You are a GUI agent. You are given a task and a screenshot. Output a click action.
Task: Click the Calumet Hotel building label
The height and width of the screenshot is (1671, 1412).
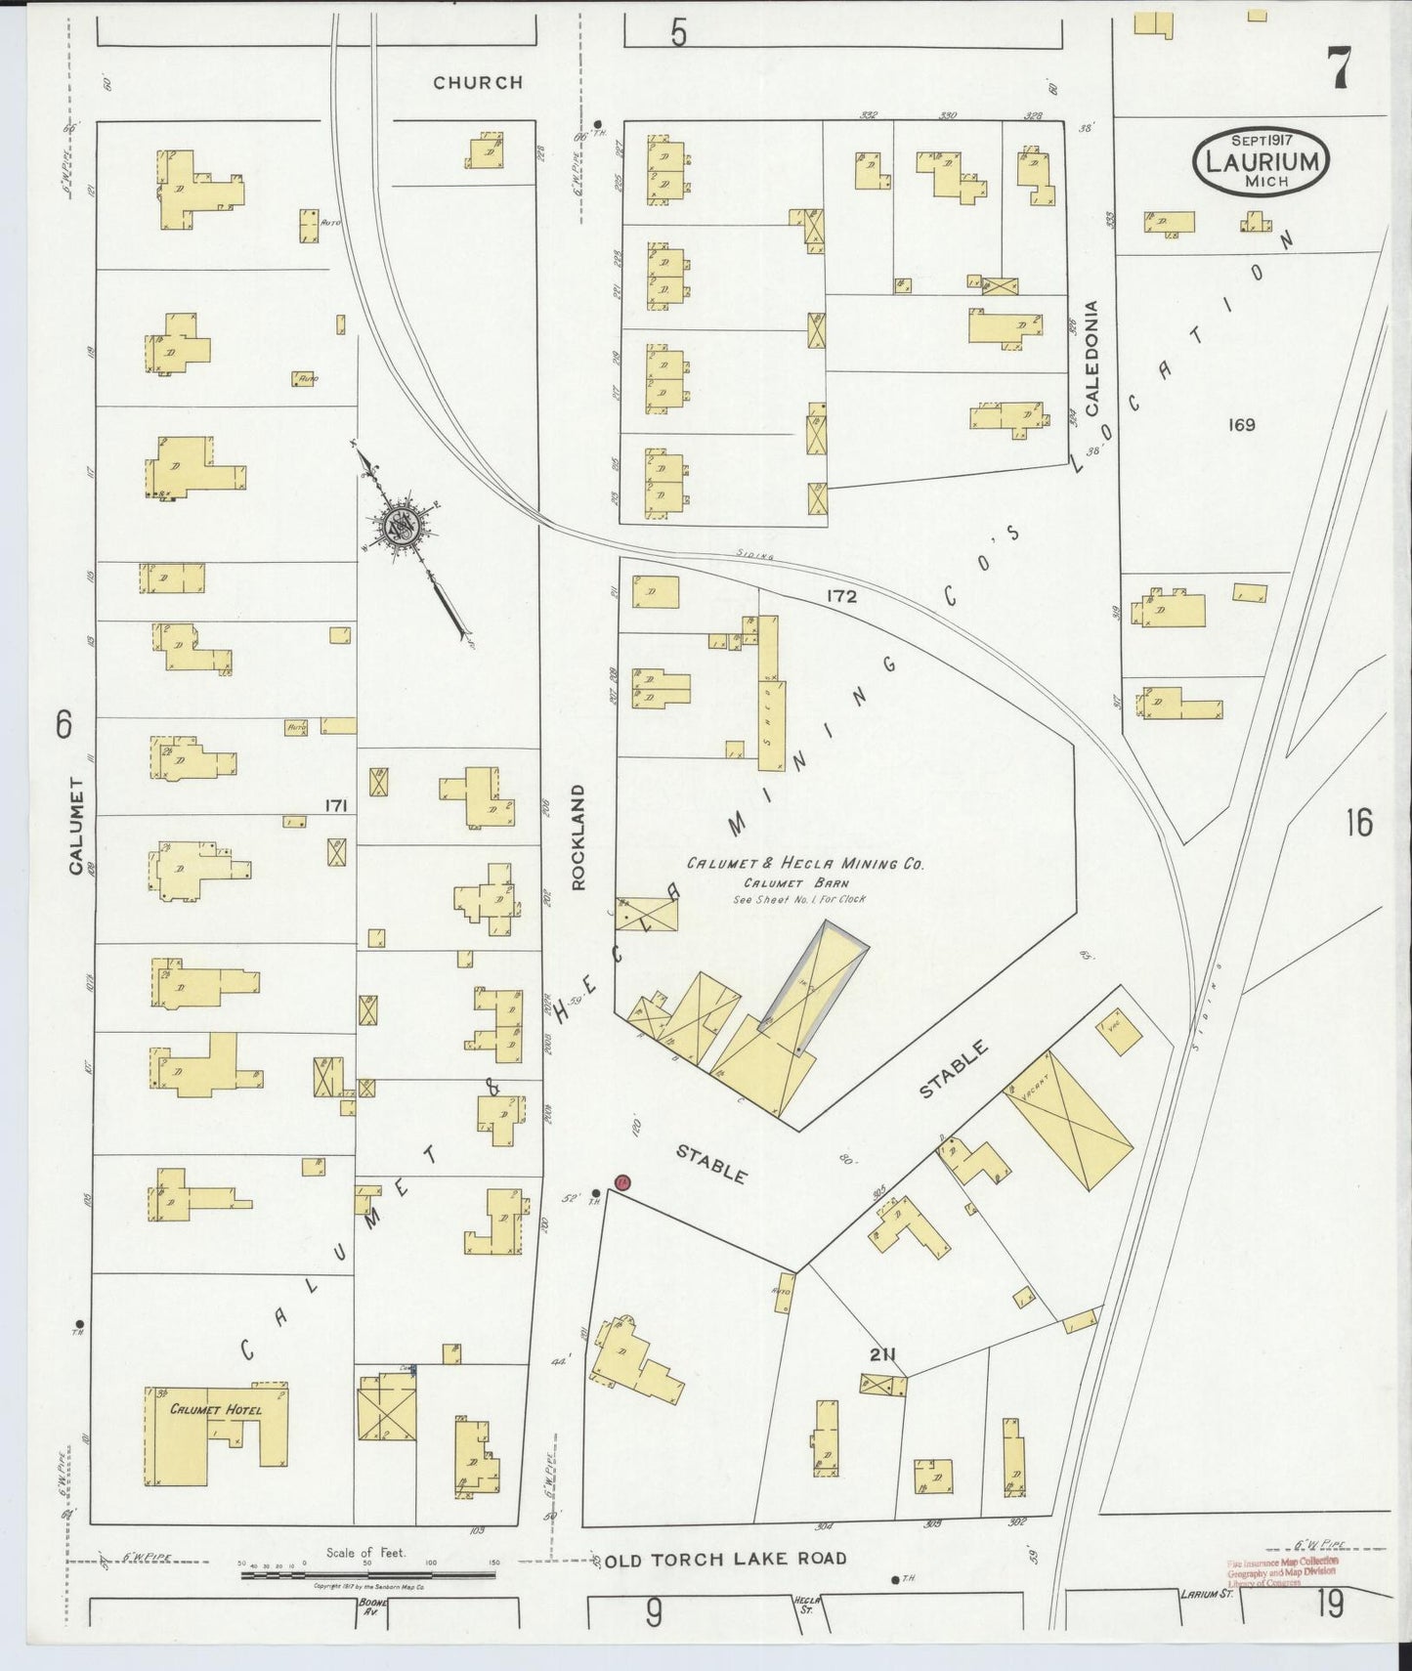215,1409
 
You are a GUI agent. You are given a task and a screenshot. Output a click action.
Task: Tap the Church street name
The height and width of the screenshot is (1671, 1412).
478,83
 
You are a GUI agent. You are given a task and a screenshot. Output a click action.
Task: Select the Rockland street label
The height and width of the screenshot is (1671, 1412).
578,836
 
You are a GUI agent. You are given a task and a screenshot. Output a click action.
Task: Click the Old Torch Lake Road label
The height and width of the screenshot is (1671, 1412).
726,1559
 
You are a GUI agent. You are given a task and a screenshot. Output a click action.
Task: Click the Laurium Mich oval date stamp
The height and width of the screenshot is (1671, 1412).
1261,161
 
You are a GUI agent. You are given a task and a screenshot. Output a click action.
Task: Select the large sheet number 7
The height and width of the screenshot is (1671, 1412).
1338,68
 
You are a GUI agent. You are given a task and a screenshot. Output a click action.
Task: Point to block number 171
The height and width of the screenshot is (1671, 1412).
337,805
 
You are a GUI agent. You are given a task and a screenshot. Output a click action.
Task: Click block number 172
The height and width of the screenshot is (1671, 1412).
840,595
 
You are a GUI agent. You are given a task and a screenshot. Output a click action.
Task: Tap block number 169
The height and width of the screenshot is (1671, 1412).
1242,424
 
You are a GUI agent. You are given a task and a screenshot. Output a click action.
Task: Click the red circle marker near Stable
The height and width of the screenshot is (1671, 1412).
622,1183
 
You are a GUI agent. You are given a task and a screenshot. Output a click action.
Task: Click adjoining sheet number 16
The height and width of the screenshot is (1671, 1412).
1358,823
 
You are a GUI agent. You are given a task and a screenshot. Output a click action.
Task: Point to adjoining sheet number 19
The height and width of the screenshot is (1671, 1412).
1330,1605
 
